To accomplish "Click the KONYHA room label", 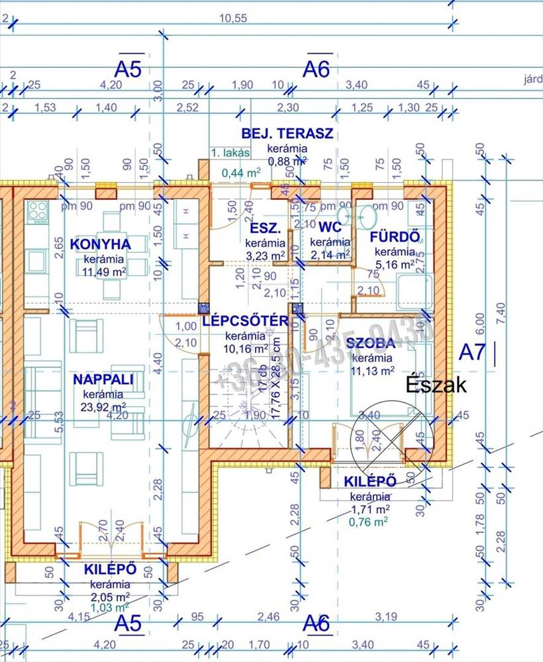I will (101, 244).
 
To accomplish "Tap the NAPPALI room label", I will (104, 379).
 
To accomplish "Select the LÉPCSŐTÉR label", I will (245, 322).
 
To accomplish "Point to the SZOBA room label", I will (370, 343).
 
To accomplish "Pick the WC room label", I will (329, 228).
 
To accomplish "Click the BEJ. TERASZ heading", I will (287, 133).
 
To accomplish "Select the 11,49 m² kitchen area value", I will (105, 271).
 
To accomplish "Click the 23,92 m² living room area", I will (104, 406).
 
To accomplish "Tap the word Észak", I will (437, 386).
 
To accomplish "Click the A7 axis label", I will (472, 352).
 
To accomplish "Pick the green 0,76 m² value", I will (369, 521).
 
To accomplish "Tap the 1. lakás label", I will (230, 153).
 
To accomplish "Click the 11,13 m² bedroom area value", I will (372, 371).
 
